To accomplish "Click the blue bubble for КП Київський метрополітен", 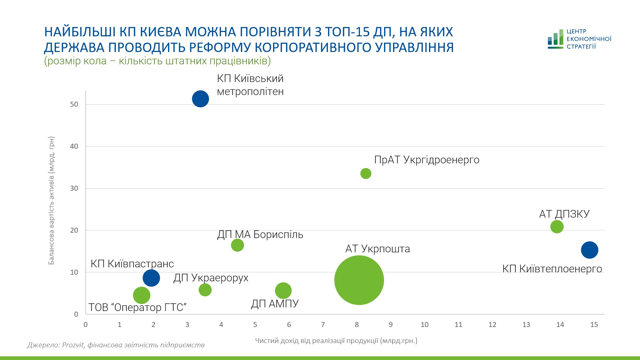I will pyautogui.click(x=200, y=99).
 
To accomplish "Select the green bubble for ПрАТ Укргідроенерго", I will pyautogui.click(x=366, y=173).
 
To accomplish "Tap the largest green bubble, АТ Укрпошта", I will pyautogui.click(x=359, y=280).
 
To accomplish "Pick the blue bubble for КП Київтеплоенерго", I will pyautogui.click(x=589, y=250).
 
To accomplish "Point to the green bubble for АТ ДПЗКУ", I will pyautogui.click(x=557, y=227).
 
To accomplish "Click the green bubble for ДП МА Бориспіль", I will pyautogui.click(x=237, y=245).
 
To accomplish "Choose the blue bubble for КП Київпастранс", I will pyautogui.click(x=151, y=278).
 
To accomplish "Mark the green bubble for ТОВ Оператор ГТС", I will pyautogui.click(x=141, y=295).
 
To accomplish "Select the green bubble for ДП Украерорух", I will pyautogui.click(x=205, y=290).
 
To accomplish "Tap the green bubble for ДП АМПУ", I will pyautogui.click(x=283, y=291).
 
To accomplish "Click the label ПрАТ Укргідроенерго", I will pyautogui.click(x=427, y=160).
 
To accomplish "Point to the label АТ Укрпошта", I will pyautogui.click(x=377, y=249).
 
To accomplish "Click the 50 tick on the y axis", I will pyautogui.click(x=74, y=104).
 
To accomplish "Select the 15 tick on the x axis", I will pyautogui.click(x=594, y=325).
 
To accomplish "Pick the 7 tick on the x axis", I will pyautogui.click(x=323, y=325).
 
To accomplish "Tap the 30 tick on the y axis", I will pyautogui.click(x=74, y=188).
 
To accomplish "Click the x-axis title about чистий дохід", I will pyautogui.click(x=336, y=341).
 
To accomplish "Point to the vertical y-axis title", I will pyautogui.click(x=51, y=201).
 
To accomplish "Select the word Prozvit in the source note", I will pyautogui.click(x=73, y=345).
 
